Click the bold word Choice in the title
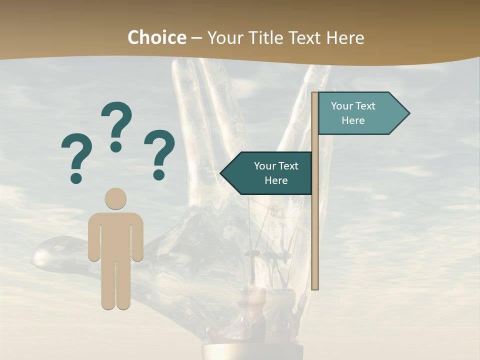click(x=156, y=37)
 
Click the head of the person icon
click(x=115, y=198)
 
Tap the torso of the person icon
click(x=115, y=235)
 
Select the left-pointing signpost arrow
click(x=267, y=173)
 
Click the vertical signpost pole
click(x=315, y=225)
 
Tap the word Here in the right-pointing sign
click(x=353, y=120)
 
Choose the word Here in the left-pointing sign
click(x=276, y=180)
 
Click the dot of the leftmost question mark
click(x=76, y=177)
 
